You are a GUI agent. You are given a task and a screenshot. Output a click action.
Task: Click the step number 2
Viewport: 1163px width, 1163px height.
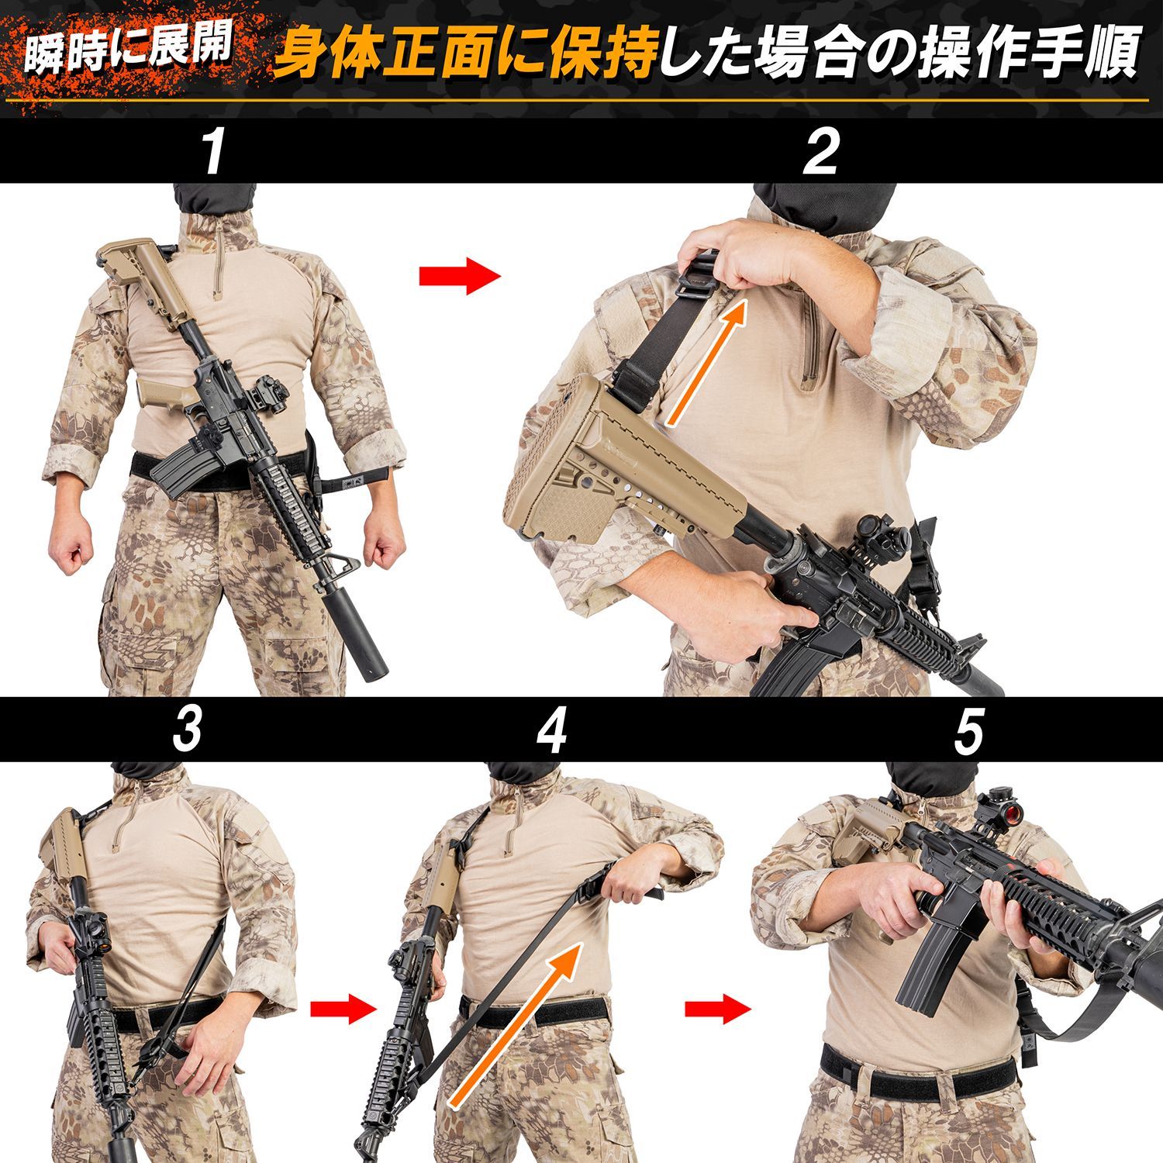point(821,153)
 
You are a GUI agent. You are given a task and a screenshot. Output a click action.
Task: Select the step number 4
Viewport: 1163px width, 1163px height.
point(551,730)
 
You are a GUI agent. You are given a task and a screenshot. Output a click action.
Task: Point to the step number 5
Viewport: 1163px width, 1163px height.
point(968,730)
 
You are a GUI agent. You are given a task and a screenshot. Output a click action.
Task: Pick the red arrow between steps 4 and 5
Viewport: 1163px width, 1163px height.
point(718,1008)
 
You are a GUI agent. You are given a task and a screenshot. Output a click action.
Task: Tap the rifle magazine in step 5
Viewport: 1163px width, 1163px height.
point(934,962)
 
